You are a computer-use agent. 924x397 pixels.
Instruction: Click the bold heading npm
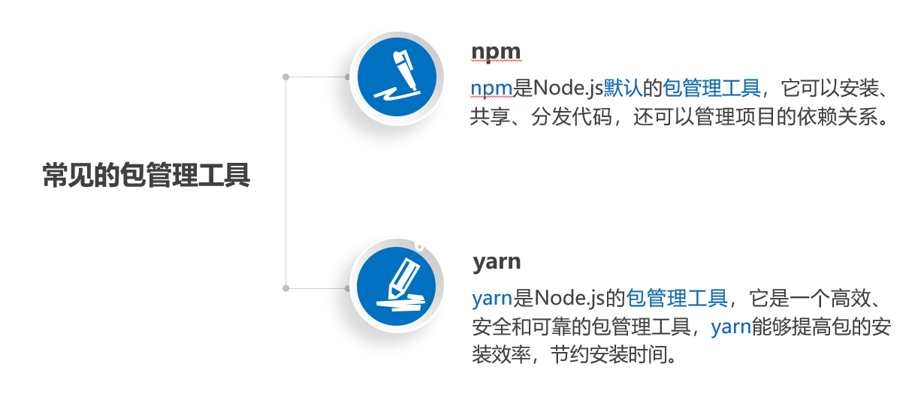(x=496, y=51)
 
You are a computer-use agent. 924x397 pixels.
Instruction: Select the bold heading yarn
(x=497, y=262)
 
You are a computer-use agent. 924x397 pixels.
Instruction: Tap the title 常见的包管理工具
(x=146, y=176)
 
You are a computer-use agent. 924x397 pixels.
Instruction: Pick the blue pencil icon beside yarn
(x=396, y=287)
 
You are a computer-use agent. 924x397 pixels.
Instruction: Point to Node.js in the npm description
(x=569, y=89)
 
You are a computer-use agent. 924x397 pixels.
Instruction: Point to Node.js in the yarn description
(x=569, y=299)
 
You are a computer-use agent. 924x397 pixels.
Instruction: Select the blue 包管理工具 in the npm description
(x=711, y=89)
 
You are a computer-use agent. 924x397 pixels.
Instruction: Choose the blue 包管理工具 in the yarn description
(x=677, y=299)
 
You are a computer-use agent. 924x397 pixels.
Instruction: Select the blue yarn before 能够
(x=731, y=326)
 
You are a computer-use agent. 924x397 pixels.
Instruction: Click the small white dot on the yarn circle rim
(x=419, y=245)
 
